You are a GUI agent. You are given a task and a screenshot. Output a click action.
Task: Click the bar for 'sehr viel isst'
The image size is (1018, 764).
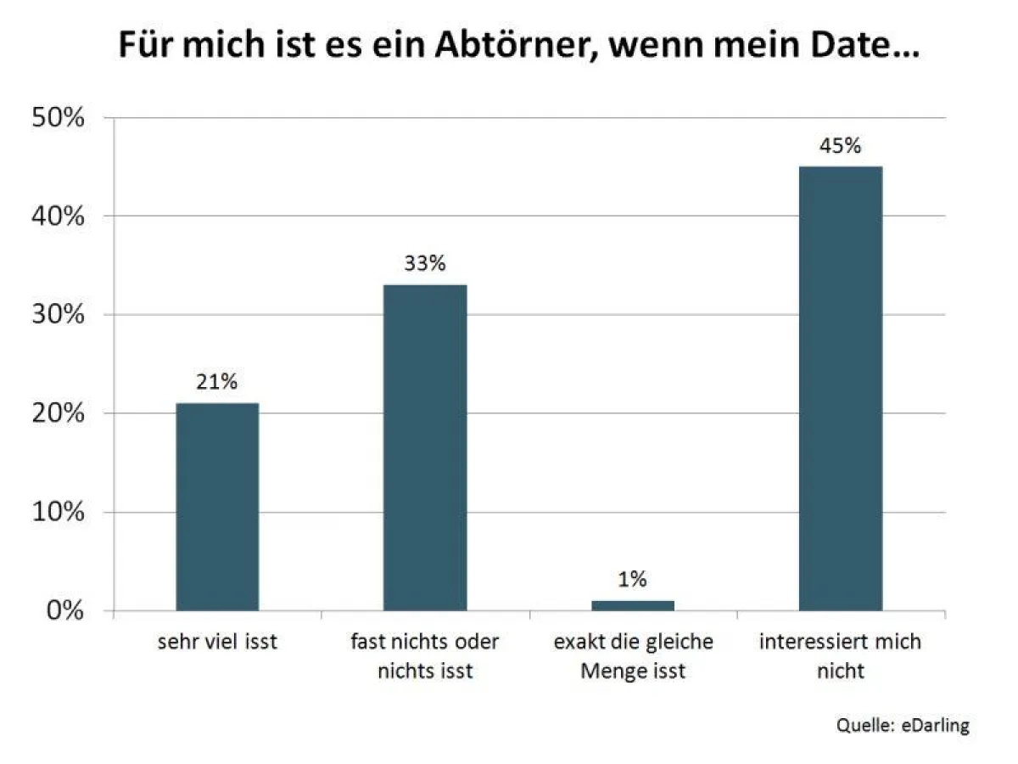(x=217, y=507)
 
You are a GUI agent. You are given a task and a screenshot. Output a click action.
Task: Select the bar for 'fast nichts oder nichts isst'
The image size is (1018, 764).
(x=425, y=447)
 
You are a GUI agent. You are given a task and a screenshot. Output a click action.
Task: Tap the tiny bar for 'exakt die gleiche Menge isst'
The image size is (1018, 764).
(x=633, y=605)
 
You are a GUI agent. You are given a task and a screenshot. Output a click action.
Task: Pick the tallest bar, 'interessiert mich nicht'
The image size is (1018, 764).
(x=841, y=388)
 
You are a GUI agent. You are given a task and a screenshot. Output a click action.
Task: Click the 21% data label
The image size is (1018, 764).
(x=217, y=383)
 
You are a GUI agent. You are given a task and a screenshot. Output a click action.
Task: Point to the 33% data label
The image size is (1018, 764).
(x=425, y=264)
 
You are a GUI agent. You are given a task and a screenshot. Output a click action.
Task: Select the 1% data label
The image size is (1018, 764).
(x=633, y=580)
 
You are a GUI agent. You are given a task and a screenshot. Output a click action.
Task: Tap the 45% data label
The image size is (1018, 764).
(x=841, y=146)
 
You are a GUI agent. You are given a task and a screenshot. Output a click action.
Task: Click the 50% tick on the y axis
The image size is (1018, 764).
(x=58, y=118)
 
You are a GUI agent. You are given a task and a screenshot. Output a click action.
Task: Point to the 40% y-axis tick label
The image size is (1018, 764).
(x=58, y=216)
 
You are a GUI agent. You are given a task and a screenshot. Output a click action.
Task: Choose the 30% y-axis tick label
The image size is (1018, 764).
(x=58, y=315)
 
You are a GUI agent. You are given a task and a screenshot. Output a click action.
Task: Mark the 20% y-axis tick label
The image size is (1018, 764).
(x=58, y=413)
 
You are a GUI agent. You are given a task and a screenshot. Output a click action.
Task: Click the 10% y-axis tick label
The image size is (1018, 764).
(x=58, y=512)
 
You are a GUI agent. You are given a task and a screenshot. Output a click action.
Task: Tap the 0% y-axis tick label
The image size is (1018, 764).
(x=64, y=610)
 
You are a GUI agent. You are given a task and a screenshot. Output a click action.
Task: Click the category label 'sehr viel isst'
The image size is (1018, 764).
(x=217, y=642)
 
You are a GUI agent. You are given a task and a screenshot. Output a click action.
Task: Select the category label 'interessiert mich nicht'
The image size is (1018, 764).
(x=841, y=655)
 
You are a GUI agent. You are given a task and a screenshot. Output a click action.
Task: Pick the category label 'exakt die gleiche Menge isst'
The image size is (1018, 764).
(x=633, y=655)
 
